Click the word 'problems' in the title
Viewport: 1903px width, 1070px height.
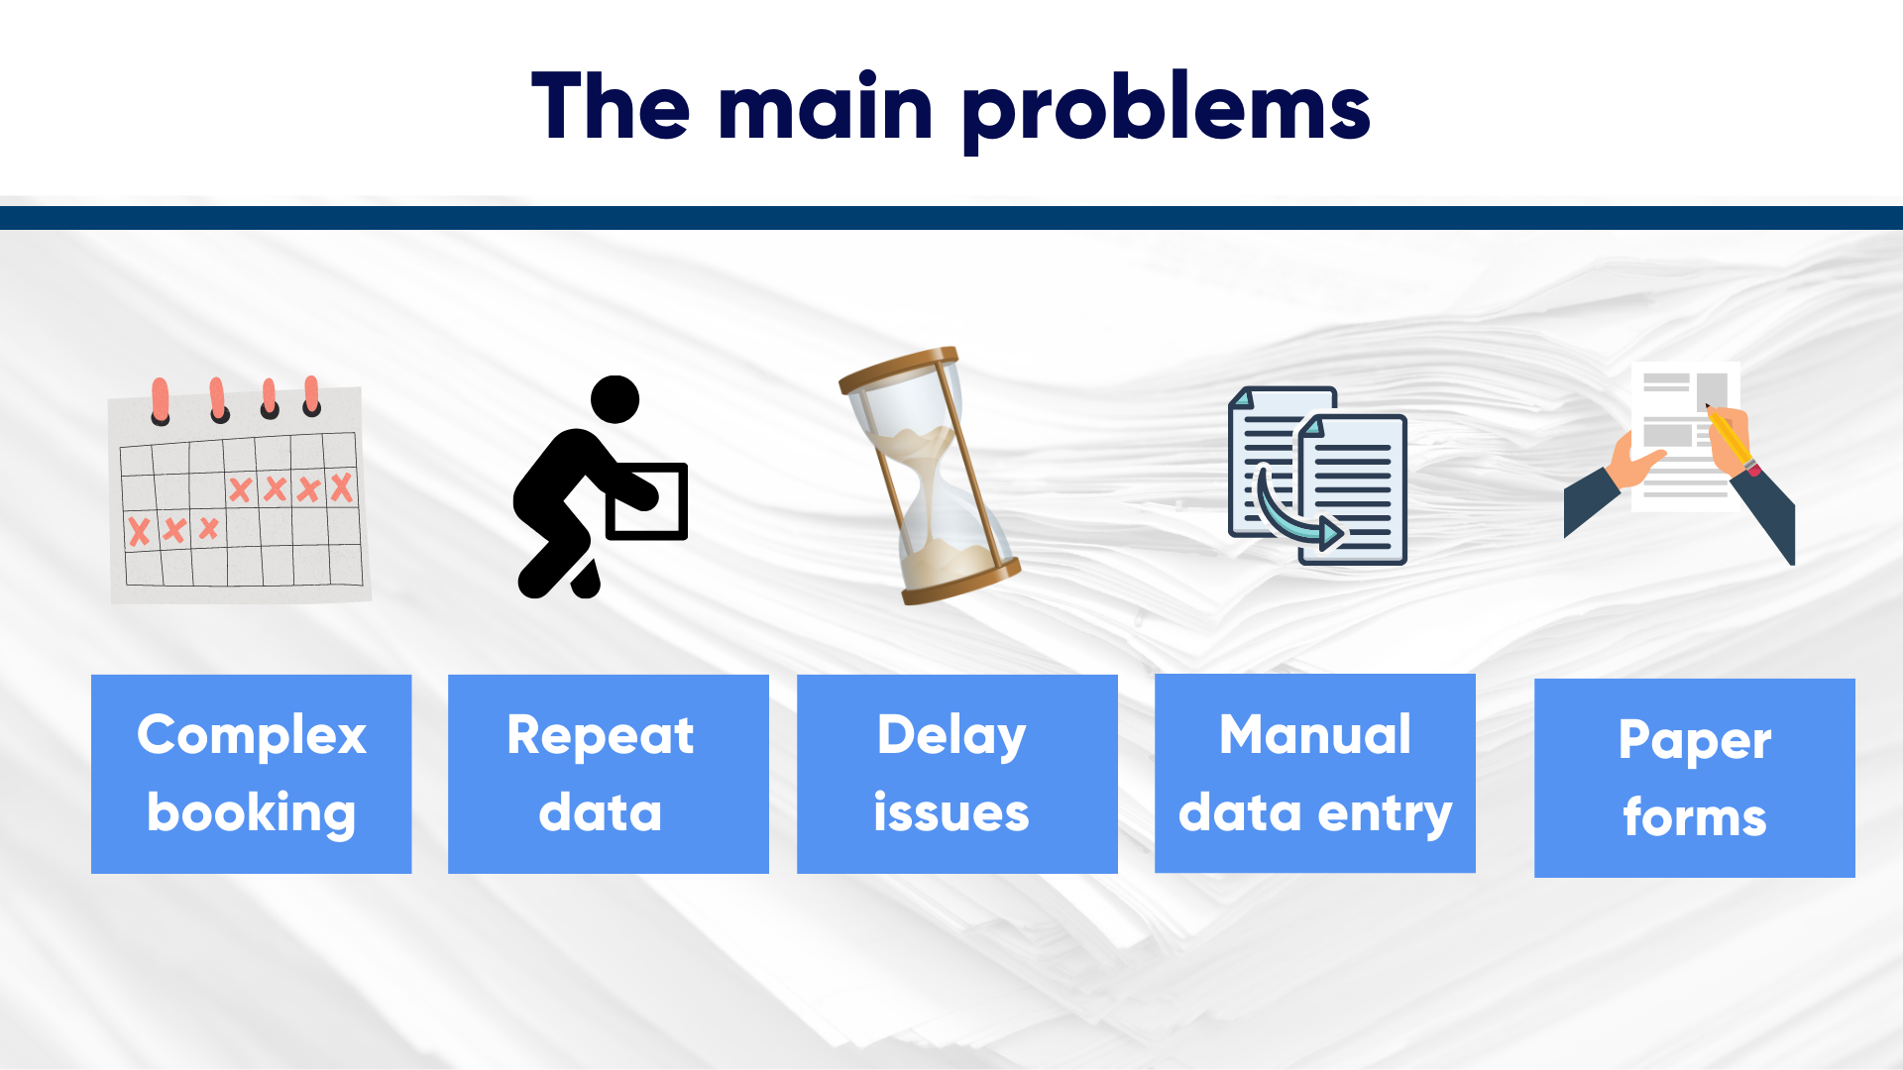(1167, 109)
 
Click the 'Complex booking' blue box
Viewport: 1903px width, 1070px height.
(252, 774)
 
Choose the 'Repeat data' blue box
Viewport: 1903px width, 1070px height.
(609, 774)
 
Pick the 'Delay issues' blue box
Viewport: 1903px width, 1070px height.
(957, 774)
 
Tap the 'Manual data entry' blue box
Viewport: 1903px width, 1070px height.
(1315, 773)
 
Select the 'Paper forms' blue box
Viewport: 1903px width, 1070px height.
(1695, 778)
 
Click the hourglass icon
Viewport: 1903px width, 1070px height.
(930, 476)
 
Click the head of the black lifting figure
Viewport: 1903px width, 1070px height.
(616, 399)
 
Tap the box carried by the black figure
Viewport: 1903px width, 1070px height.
(646, 501)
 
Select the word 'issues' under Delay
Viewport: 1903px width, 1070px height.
(951, 812)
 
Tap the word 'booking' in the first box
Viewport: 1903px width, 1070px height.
(252, 814)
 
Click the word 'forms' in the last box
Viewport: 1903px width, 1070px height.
(1695, 817)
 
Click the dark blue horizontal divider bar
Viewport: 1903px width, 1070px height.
(951, 218)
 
